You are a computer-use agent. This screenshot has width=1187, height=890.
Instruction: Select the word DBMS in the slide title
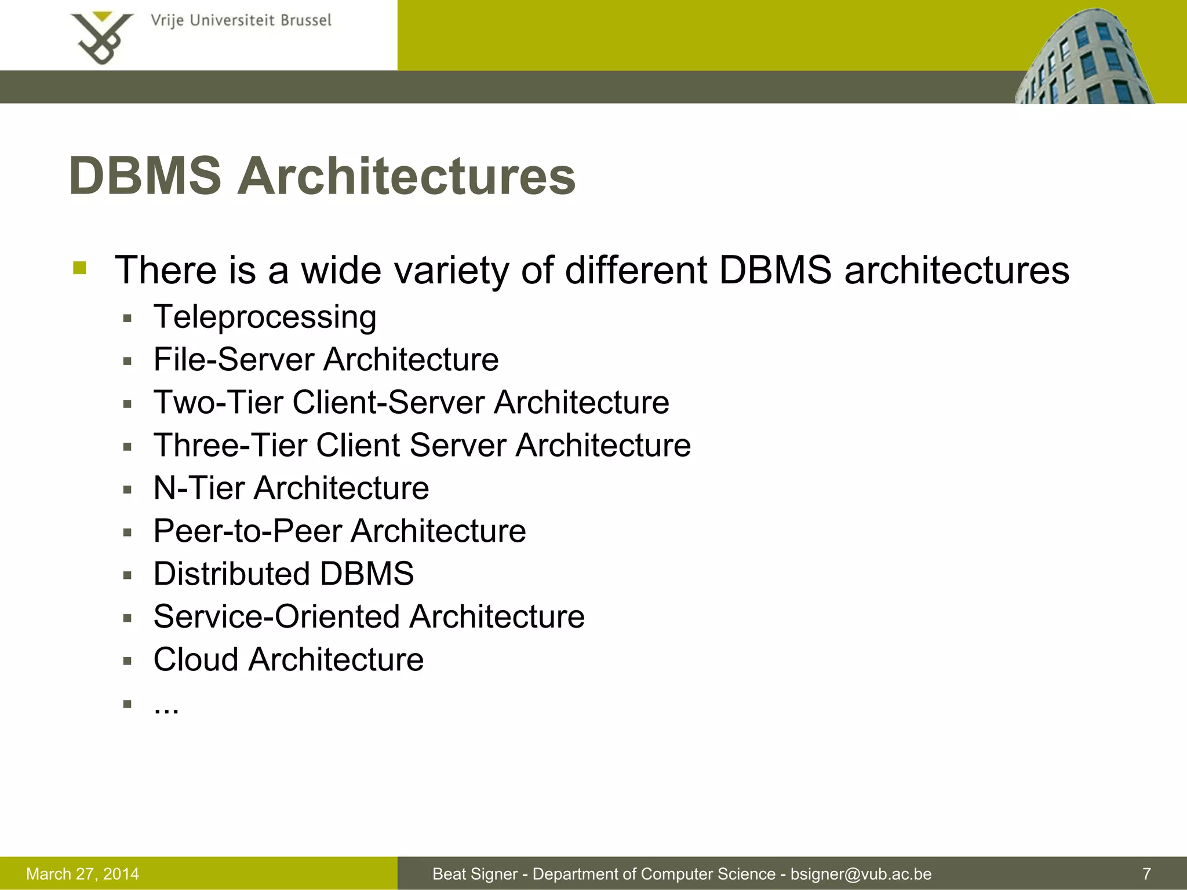[145, 176]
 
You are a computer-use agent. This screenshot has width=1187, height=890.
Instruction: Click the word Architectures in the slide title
[406, 176]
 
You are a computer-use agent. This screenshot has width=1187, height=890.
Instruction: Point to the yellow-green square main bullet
[80, 268]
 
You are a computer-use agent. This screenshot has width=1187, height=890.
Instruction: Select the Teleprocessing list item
[265, 318]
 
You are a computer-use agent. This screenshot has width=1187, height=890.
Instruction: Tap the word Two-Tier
[218, 402]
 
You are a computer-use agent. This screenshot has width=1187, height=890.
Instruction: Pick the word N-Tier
[199, 488]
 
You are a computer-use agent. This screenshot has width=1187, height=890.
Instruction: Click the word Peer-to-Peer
[247, 531]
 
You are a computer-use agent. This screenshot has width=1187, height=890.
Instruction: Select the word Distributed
[231, 574]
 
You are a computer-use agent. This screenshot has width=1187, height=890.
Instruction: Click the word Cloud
[196, 659]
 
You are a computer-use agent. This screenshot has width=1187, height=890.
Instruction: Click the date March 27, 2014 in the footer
[83, 874]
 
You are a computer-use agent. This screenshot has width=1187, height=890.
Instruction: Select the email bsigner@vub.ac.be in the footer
[861, 874]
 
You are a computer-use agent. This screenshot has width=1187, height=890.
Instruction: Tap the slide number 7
[1146, 874]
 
